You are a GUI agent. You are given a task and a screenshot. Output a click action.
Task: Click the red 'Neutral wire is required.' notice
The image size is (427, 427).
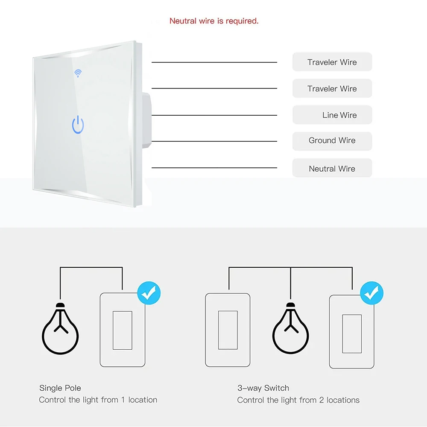pos(214,21)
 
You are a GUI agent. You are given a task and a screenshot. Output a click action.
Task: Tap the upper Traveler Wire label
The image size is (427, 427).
pos(332,62)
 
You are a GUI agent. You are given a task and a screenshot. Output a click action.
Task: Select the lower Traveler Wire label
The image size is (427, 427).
pos(332,89)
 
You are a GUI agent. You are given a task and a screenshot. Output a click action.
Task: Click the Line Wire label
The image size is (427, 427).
pos(339,115)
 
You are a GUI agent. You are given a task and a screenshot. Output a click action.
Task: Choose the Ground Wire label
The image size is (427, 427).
pos(332,140)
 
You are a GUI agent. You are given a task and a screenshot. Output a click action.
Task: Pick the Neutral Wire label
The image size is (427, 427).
pos(332,169)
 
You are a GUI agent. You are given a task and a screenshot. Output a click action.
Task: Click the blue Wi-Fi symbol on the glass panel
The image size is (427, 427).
pos(78,73)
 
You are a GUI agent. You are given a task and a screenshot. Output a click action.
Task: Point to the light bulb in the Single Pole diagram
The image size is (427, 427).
pos(60,329)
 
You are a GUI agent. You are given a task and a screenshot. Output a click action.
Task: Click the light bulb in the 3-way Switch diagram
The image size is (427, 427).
pos(291,329)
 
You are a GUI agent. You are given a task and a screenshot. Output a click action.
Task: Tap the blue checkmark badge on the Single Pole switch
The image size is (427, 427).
pos(149,293)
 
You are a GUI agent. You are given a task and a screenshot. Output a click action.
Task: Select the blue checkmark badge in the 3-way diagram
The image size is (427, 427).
pos(371,293)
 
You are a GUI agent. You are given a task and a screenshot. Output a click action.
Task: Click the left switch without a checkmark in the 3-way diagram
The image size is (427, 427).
pos(228,330)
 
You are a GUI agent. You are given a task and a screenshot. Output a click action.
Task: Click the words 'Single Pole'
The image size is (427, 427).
pos(60,388)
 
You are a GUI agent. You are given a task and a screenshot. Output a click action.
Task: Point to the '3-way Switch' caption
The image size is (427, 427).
pos(263,388)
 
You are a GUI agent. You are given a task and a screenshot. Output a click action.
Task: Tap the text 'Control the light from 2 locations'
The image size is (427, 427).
pos(298,400)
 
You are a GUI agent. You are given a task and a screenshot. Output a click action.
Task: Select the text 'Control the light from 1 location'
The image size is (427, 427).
pos(98,400)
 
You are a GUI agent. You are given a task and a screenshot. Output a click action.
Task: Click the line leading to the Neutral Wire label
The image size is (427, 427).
pos(214,168)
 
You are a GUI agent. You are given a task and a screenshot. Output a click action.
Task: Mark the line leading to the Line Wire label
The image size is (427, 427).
pos(214,115)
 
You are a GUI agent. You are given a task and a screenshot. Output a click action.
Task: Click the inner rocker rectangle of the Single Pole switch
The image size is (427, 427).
pos(122,330)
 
